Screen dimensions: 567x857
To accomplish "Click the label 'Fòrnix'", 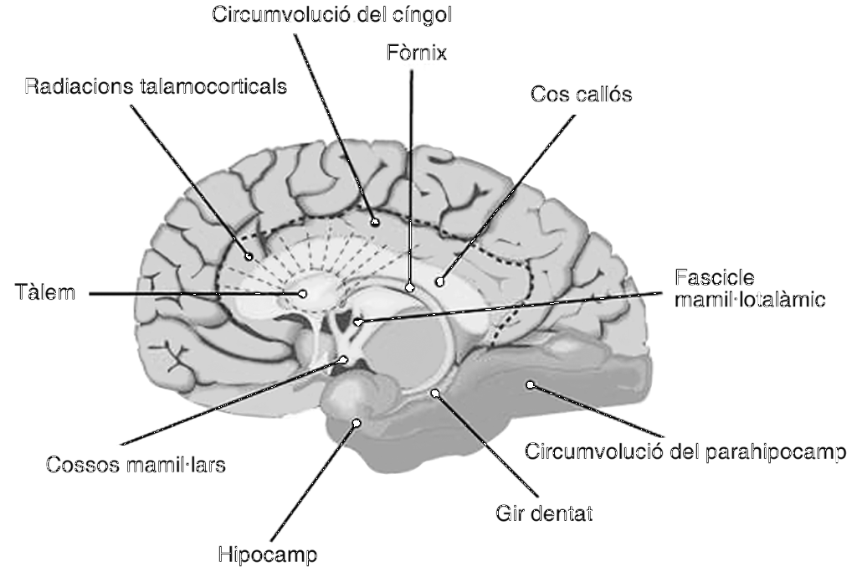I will pos(411,54).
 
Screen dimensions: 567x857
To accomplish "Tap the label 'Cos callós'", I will pos(581,95).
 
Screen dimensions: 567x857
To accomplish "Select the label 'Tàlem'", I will pos(45,293).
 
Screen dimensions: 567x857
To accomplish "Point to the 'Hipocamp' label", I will pos(268,554).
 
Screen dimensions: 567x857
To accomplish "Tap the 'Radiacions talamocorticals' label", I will pos(156,86).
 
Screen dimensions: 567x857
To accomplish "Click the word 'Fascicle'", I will pos(712,277).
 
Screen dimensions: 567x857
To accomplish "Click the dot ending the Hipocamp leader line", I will pos(357,423).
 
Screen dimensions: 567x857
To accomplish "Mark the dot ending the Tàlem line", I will pos(305,293).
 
